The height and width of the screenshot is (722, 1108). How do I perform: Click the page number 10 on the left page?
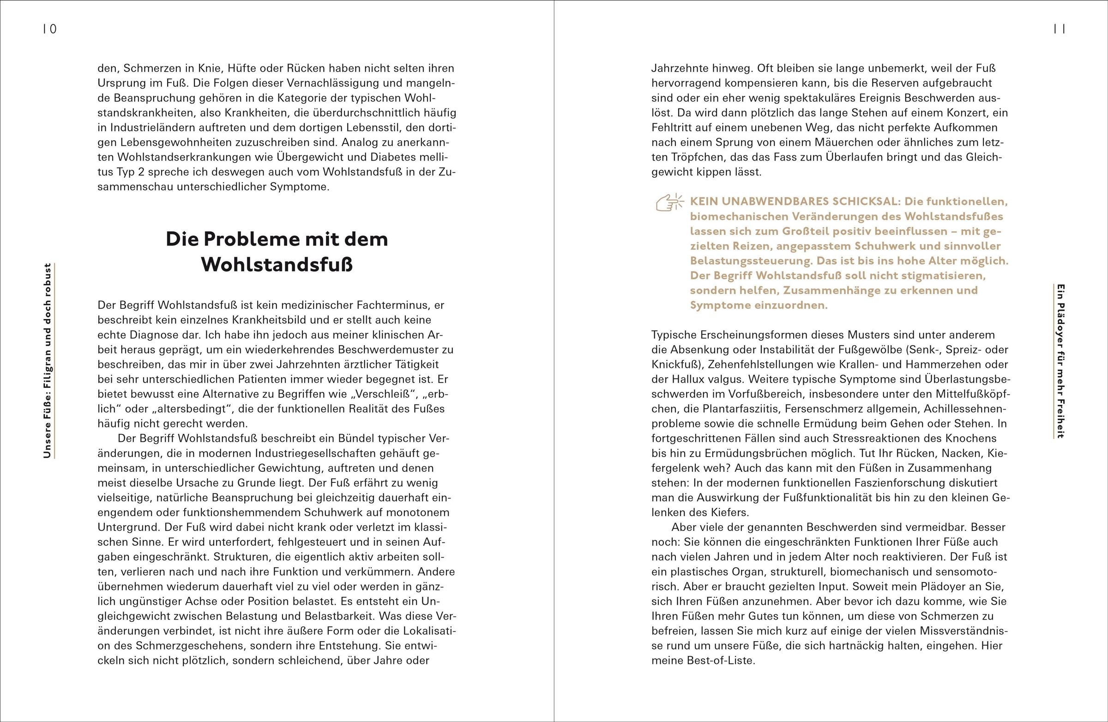tap(50, 29)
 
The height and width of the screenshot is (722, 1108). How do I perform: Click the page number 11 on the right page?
tap(1059, 29)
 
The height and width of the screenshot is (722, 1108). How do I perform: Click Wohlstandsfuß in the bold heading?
tap(277, 265)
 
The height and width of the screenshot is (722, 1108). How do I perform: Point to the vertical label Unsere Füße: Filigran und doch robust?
tap(48, 361)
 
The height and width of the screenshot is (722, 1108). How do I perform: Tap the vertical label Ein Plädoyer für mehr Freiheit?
tap(1060, 361)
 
